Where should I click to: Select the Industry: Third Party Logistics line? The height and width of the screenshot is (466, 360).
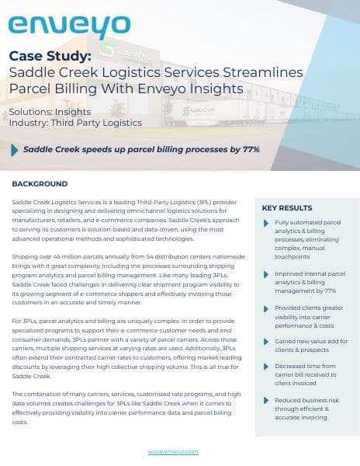click(x=75, y=123)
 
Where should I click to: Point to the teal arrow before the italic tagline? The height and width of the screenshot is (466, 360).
click(x=15, y=149)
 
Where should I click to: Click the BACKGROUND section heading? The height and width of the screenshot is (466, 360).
click(x=40, y=184)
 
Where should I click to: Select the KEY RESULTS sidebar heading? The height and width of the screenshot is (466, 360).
click(x=287, y=208)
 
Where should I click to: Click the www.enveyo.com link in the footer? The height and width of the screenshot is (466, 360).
click(x=173, y=451)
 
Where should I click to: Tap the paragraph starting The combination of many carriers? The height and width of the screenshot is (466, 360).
click(x=127, y=409)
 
